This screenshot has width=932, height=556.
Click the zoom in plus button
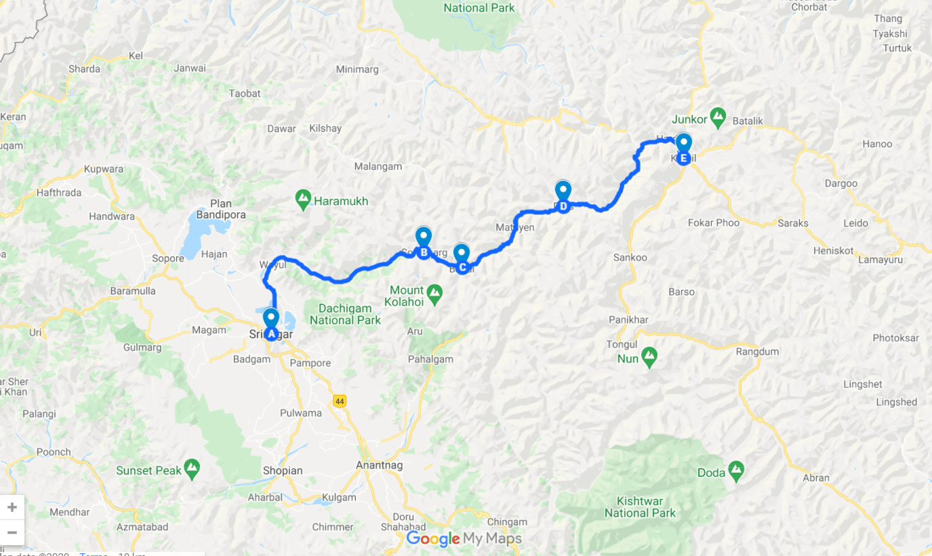[12, 507]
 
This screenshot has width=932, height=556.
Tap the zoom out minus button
[12, 532]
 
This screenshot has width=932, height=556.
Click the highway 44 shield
[340, 401]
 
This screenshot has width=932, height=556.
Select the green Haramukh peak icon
[303, 200]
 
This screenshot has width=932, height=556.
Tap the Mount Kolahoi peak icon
[434, 294]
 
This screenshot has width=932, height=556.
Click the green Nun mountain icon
[649, 357]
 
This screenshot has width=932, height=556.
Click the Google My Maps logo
[464, 539]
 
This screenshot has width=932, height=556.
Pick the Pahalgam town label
[430, 359]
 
